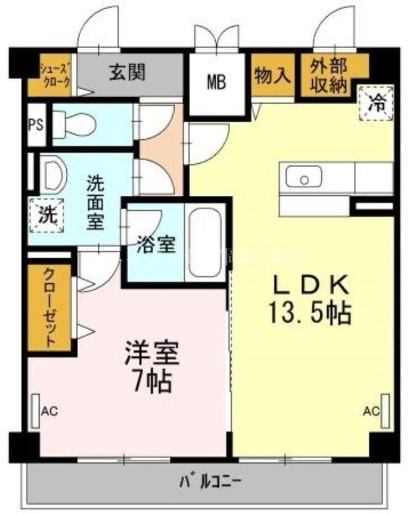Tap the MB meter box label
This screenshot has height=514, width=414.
[x=216, y=82]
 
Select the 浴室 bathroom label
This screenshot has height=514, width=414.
[x=156, y=245]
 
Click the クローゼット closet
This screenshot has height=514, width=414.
[x=49, y=307]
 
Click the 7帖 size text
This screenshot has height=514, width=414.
[x=153, y=382]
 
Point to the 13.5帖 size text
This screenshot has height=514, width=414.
[x=309, y=313]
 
